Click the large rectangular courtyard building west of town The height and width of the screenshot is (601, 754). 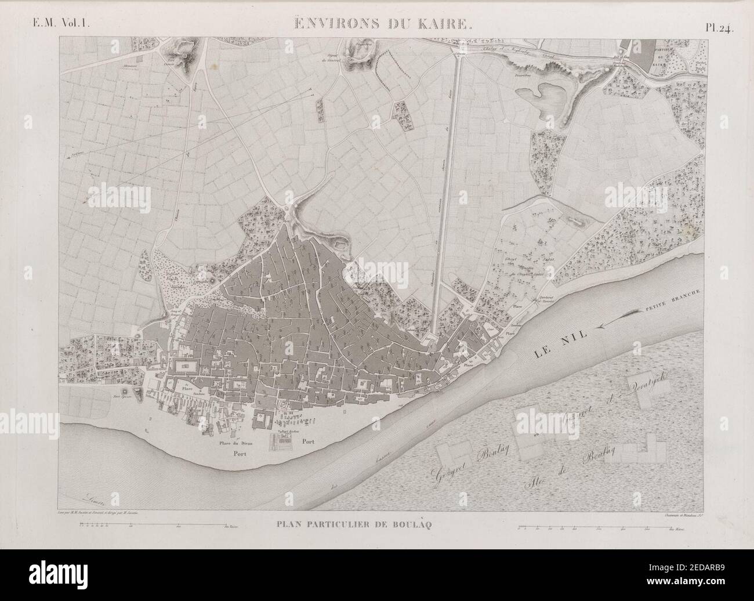click(186, 366)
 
